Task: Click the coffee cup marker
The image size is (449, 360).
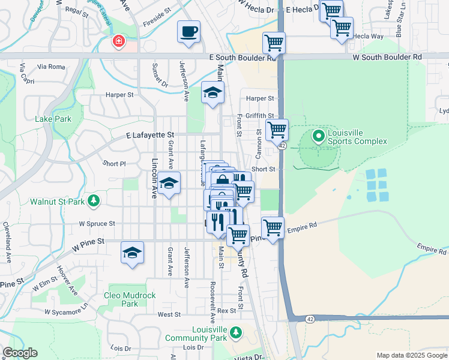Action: [188, 31]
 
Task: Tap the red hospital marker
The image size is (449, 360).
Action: [118, 41]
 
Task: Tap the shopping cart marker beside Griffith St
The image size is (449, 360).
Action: [277, 130]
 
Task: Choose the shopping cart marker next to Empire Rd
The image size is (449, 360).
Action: [273, 228]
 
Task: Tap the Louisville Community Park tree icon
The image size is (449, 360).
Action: [236, 332]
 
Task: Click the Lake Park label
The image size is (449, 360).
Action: [53, 119]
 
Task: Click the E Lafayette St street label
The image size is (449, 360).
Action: [149, 136]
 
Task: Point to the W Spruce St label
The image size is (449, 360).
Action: [97, 223]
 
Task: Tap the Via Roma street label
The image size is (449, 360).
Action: [50, 67]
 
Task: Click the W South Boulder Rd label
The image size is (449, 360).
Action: [387, 57]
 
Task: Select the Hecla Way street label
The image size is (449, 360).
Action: [368, 36]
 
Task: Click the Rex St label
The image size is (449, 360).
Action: [226, 311]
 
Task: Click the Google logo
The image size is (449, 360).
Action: [20, 353]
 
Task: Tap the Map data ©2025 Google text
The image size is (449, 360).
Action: [412, 355]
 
